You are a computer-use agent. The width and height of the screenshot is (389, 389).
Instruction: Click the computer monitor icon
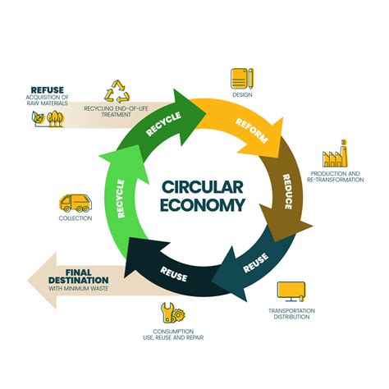[x=291, y=291]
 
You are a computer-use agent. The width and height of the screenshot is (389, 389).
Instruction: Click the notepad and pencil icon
[x=241, y=78]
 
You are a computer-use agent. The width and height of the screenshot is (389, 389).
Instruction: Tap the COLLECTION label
[x=75, y=218]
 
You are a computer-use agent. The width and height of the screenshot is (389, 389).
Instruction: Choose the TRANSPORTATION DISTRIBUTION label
[x=291, y=313]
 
